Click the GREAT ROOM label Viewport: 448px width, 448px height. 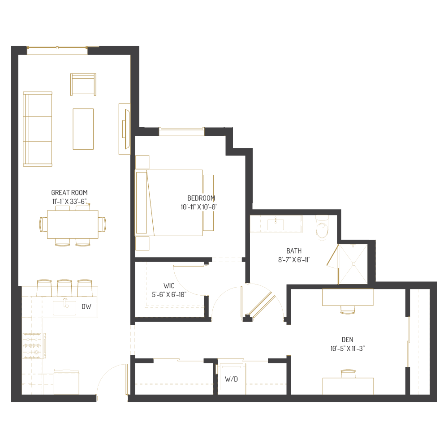click(x=69, y=193)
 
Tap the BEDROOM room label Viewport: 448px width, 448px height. click(x=201, y=198)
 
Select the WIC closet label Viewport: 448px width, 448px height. click(x=169, y=285)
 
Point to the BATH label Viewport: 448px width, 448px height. click(x=294, y=251)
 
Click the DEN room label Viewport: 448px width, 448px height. click(x=347, y=340)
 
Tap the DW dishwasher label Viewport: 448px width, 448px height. click(x=86, y=307)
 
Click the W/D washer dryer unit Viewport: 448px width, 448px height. click(x=232, y=378)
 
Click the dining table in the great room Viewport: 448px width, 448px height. click(x=73, y=224)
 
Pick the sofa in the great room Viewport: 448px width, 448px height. click(x=37, y=129)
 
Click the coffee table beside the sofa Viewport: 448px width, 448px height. click(x=83, y=129)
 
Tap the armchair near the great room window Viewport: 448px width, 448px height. click(x=83, y=84)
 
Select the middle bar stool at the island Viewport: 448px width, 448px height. click(x=65, y=288)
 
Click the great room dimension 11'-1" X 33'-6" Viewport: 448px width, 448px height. click(x=69, y=202)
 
